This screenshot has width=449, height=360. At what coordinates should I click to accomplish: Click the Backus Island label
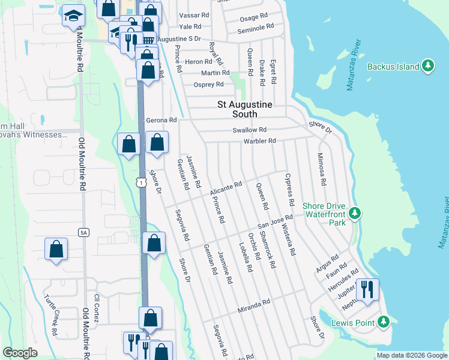point(393,67)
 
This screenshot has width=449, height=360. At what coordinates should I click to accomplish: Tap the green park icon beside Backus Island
point(428,66)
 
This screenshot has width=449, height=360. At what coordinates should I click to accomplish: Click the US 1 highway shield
point(140,181)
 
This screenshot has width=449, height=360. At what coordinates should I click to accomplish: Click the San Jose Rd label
point(275,221)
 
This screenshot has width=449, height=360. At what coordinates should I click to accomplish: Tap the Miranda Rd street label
point(254,306)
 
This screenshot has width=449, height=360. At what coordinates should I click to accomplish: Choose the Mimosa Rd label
point(322,169)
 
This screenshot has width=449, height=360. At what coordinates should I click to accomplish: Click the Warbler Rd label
point(259,141)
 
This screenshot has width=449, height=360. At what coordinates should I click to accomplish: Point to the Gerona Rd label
point(161,120)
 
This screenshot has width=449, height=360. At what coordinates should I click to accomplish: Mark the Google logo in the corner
point(20,353)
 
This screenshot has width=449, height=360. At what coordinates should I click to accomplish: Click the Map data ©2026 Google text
point(411,355)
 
